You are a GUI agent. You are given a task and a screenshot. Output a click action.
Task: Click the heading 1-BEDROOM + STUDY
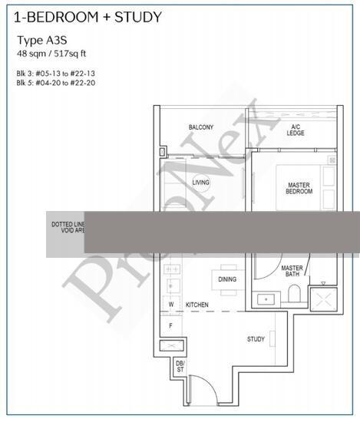tap(84, 17)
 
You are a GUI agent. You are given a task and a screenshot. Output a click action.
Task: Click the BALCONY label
tap(201, 127)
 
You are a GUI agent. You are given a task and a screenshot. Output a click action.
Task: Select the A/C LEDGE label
tap(296, 130)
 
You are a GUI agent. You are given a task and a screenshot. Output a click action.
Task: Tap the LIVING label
tap(201, 183)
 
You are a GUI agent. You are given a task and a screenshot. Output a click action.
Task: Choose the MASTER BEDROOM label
tap(299, 188)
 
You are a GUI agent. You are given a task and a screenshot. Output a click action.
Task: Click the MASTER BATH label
tap(292, 272)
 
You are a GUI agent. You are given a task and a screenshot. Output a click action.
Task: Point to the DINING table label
tap(227, 279)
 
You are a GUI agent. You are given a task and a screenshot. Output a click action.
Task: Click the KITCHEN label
tap(197, 305)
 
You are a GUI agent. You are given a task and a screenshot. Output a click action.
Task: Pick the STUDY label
tap(256, 339)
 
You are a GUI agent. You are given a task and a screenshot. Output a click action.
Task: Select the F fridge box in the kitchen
tap(172, 325)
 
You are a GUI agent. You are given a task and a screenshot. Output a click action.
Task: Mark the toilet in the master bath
tap(294, 294)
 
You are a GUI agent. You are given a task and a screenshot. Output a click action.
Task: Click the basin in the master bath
tap(266, 298)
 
